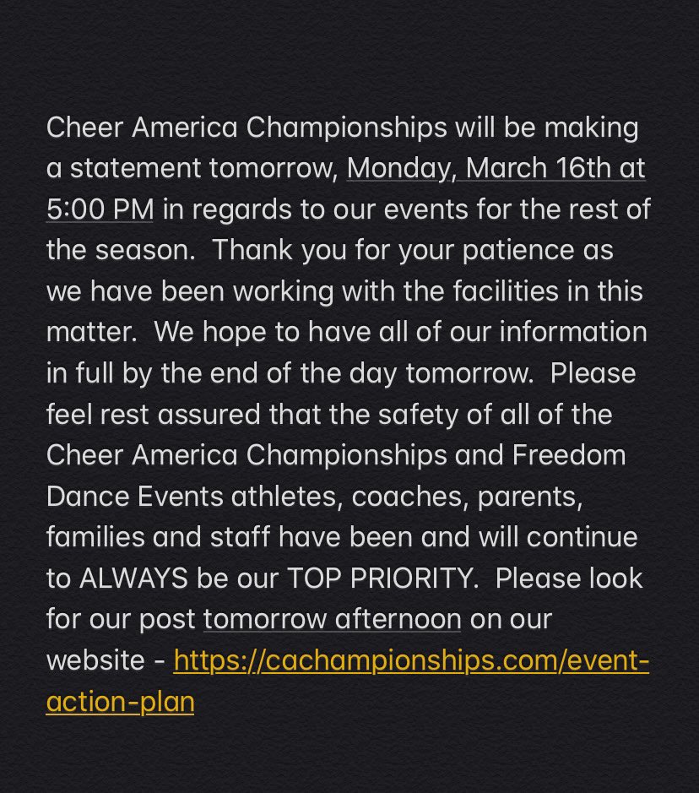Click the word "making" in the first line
coord(593,128)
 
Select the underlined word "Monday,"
coord(402,169)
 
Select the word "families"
coord(93,537)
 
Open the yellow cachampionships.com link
coord(411,660)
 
